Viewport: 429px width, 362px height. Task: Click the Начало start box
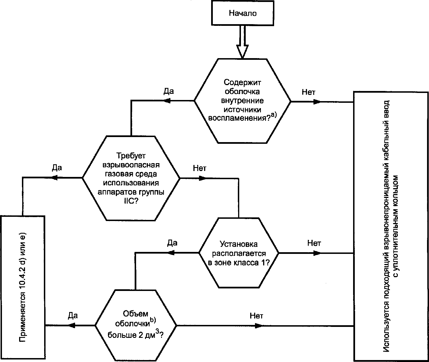click(242, 13)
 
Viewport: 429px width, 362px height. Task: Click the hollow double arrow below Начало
click(242, 42)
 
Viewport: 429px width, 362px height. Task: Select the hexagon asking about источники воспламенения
click(242, 101)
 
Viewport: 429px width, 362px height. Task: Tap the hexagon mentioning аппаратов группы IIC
click(131, 178)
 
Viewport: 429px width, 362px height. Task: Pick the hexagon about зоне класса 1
click(239, 253)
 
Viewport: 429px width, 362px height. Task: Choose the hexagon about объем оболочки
click(136, 325)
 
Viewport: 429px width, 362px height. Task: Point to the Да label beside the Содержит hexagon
click(169, 91)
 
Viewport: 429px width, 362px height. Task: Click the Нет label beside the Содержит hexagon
click(308, 92)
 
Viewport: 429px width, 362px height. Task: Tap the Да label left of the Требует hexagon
click(57, 168)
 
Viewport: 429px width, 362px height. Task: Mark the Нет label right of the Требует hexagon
click(200, 168)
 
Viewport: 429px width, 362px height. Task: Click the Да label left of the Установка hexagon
click(172, 243)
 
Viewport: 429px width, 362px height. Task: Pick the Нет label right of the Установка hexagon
click(314, 243)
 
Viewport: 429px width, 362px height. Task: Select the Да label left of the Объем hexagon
click(73, 316)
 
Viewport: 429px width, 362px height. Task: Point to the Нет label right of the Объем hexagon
click(256, 316)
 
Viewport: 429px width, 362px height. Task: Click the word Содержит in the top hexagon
click(242, 83)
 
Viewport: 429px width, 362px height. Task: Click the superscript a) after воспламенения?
click(274, 116)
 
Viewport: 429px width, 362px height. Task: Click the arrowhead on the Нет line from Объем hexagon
click(259, 326)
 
